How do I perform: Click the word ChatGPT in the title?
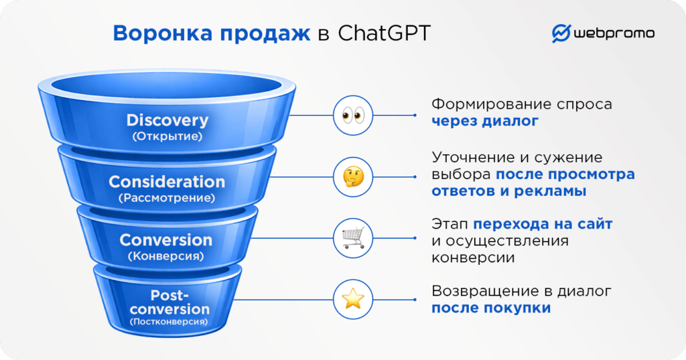point(385,34)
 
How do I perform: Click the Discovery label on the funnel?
point(167,121)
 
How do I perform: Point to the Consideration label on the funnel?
point(167,182)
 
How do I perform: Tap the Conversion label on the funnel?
point(165,240)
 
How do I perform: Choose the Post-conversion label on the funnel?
point(169,302)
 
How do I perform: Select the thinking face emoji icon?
point(352,176)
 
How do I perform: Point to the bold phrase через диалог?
point(484,121)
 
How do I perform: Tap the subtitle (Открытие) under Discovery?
point(167,136)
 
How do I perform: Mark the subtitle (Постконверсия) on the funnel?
point(169,322)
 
